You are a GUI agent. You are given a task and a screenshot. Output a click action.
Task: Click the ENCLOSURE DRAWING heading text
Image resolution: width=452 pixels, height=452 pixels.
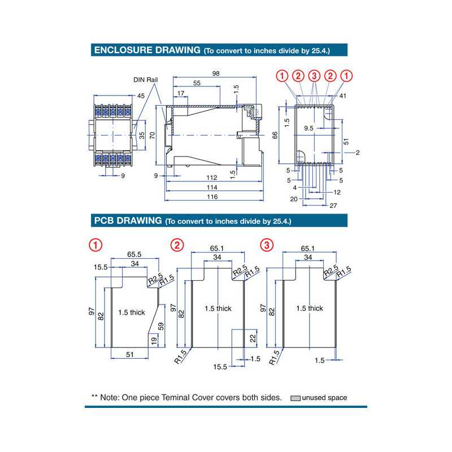tap(147, 50)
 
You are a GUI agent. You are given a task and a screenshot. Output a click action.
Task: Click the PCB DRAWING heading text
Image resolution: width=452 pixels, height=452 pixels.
tap(127, 220)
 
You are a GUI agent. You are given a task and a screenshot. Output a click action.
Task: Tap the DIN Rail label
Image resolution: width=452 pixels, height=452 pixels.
tap(145, 80)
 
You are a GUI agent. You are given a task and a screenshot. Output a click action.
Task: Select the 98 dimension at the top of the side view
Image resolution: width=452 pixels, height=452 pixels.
tap(215, 74)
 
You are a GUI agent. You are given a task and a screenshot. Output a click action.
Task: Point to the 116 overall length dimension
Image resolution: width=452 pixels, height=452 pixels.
tap(212, 197)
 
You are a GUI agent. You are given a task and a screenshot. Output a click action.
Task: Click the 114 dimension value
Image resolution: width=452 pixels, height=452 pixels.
tap(212, 187)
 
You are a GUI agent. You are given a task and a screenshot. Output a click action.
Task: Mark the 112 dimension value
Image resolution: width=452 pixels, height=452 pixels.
tap(212, 177)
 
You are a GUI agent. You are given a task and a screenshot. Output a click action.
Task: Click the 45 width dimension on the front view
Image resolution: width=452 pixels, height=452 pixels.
tap(140, 95)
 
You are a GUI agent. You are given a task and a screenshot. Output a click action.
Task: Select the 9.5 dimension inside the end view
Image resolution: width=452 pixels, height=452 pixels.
tap(309, 128)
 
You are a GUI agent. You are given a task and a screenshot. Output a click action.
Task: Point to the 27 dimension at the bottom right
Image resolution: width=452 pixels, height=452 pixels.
tap(333, 206)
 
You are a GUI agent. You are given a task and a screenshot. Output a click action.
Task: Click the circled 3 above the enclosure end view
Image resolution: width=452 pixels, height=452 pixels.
tap(315, 76)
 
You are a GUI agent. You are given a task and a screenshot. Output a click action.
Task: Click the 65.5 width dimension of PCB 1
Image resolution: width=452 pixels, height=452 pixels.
tap(134, 254)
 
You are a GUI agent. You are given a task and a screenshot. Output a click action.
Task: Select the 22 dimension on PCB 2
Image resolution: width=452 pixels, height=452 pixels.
tap(252, 337)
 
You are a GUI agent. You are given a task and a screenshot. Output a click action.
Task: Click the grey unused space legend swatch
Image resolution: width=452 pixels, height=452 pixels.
tap(295, 398)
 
